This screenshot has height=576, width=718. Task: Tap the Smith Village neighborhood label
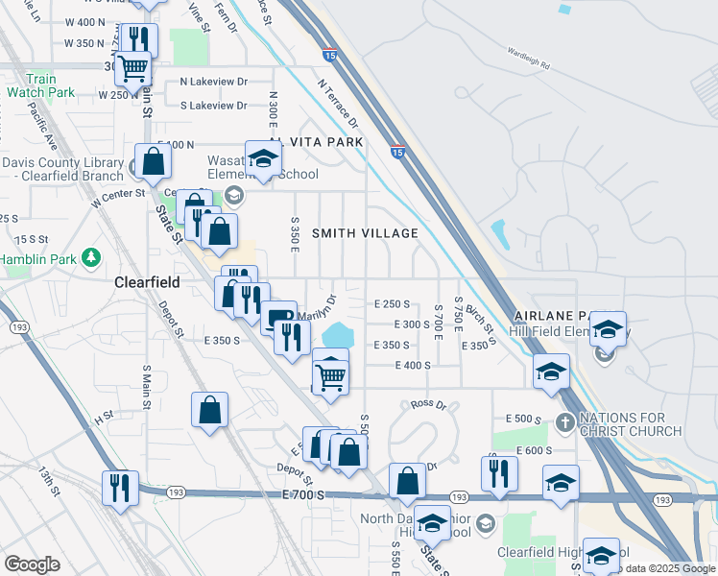pyautogui.click(x=365, y=233)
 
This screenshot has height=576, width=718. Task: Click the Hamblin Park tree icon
pyautogui.click(x=91, y=257)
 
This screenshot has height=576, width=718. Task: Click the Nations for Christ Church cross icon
pyautogui.click(x=565, y=422)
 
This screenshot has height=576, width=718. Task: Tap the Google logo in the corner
pyautogui.click(x=32, y=564)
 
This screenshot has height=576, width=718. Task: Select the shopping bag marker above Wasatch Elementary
pyautogui.click(x=154, y=162)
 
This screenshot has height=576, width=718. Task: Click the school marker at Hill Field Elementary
pyautogui.click(x=608, y=330)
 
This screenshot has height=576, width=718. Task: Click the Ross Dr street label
pyautogui.click(x=429, y=405)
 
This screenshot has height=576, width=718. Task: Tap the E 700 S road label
pyautogui.click(x=304, y=493)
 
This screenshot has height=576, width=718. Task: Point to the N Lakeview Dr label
pyautogui.click(x=213, y=83)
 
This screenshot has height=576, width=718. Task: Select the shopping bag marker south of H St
pyautogui.click(x=209, y=412)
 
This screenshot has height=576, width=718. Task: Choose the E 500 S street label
pyautogui.click(x=524, y=420)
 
